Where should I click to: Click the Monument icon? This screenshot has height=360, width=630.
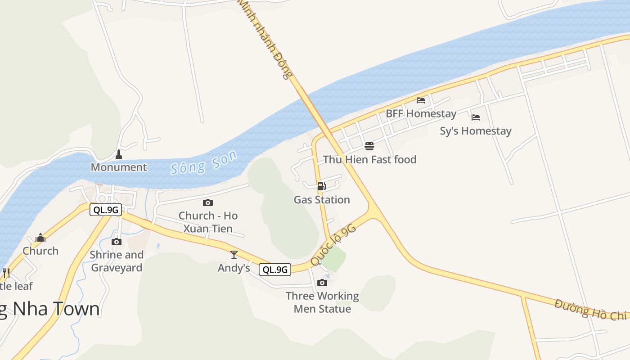point(119,155)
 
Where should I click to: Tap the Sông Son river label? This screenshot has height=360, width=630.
point(203,162)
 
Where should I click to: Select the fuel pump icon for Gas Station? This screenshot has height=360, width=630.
point(321,186)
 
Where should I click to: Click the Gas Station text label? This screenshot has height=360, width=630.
point(322,200)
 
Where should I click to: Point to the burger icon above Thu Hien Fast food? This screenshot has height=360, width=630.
point(369,146)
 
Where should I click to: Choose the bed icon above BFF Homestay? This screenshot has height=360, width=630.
point(421,100)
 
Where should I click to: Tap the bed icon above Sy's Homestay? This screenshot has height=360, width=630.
point(476,117)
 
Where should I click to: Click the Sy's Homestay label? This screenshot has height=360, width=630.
point(476,131)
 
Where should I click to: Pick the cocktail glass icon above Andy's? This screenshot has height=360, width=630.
point(234,255)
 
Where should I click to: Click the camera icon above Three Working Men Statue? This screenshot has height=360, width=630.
point(322,283)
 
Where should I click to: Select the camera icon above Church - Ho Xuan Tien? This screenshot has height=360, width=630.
point(207,202)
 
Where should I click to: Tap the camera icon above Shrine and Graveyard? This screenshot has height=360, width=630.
point(117,242)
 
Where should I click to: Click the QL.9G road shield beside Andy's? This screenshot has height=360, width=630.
point(275,270)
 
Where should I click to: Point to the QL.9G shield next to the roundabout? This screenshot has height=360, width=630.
point(106,210)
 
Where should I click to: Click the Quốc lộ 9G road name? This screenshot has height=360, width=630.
point(333,245)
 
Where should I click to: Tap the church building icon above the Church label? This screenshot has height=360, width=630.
point(40,238)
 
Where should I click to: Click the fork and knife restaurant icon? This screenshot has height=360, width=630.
point(6,273)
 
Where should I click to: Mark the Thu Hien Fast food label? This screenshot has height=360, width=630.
point(369,160)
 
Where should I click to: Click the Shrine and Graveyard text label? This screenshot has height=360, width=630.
point(117,261)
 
